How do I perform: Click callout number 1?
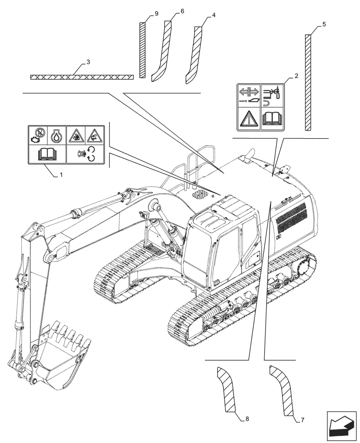(x=61, y=175)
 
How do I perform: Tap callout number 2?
(x=296, y=76)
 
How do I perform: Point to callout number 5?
(x=324, y=24)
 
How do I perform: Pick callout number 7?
(x=302, y=419)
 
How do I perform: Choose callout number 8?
(x=247, y=419)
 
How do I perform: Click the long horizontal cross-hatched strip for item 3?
(x=82, y=77)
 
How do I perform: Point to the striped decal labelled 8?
(x=227, y=390)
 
